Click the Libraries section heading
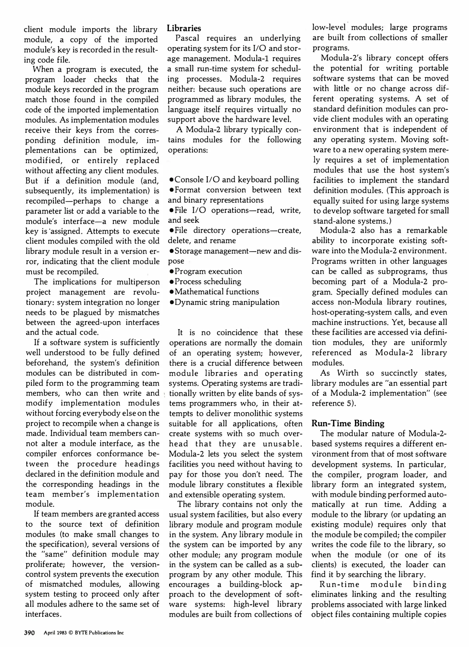click(184, 28)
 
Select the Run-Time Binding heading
click(348, 423)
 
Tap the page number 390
click(30, 633)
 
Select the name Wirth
click(348, 373)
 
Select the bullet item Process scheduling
click(208, 282)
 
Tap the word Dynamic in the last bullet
click(189, 302)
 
